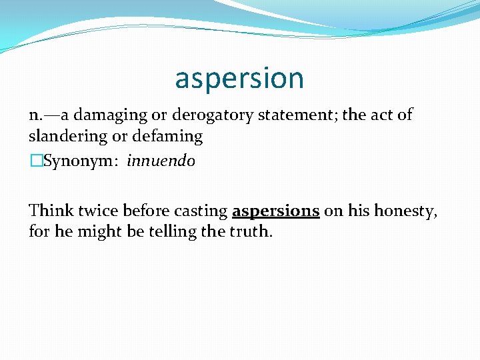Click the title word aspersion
click(x=239, y=79)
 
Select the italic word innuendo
click(x=161, y=161)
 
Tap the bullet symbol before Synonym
click(x=36, y=161)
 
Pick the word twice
click(x=95, y=211)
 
